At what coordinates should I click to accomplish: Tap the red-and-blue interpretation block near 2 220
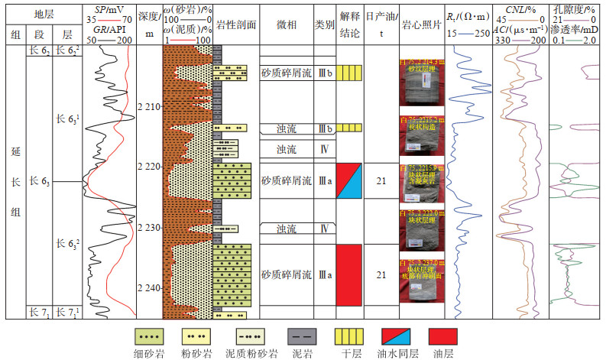coord(348,181)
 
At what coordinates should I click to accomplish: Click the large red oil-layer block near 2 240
coord(348,274)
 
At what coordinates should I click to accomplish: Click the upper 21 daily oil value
coord(381,181)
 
